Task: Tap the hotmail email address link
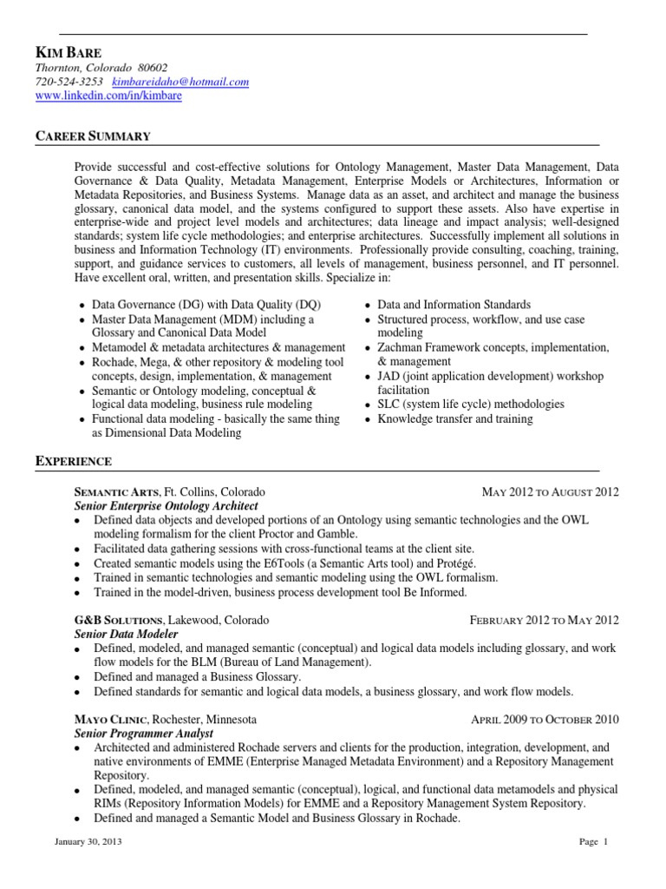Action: click(180, 82)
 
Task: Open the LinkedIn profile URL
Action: click(108, 95)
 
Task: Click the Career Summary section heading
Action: click(93, 136)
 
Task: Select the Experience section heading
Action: click(73, 461)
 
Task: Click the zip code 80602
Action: click(153, 68)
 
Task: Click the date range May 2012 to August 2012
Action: click(550, 491)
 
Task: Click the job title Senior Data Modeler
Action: click(126, 635)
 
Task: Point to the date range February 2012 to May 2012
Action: click(544, 621)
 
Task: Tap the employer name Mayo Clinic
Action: click(109, 720)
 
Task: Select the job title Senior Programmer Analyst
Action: click(138, 734)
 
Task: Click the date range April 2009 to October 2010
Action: click(545, 720)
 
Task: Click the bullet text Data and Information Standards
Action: click(454, 305)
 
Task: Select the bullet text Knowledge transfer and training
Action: click(455, 418)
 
